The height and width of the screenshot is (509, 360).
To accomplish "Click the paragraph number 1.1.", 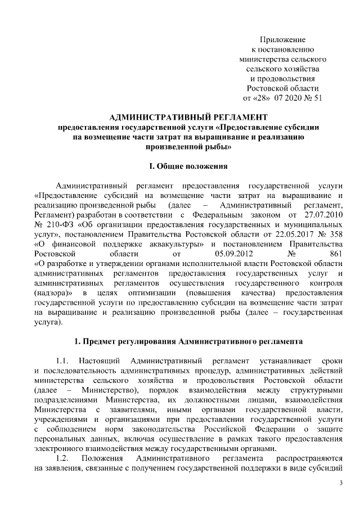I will click(63, 359).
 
